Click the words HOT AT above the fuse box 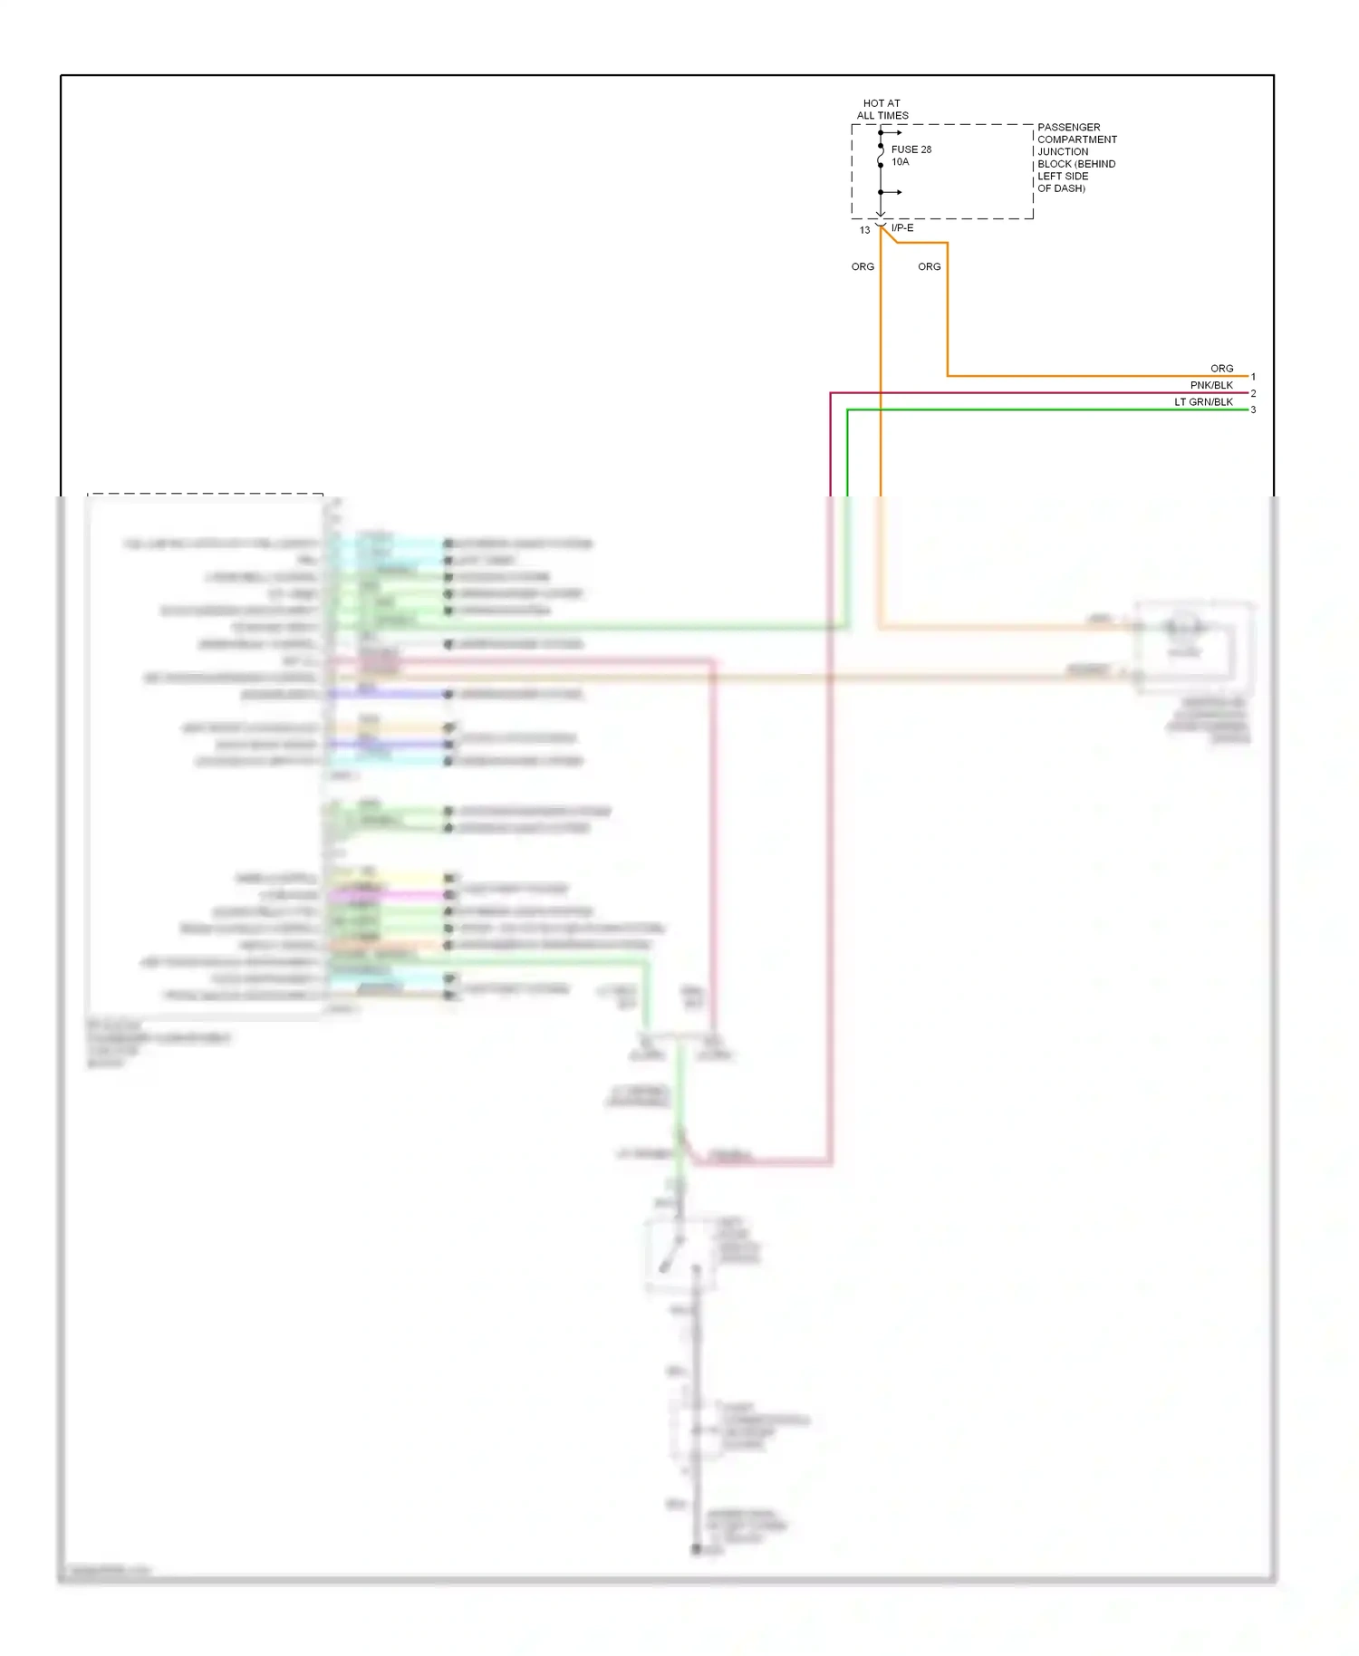click(x=881, y=103)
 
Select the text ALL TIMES click(x=882, y=116)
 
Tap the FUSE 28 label click(x=911, y=149)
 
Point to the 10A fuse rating click(x=900, y=162)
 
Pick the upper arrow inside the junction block click(x=892, y=133)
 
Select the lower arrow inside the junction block click(x=892, y=192)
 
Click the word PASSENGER click(x=1068, y=128)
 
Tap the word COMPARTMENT click(x=1076, y=140)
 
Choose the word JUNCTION click(x=1062, y=152)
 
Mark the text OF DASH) click(x=1060, y=188)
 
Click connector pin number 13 click(x=864, y=230)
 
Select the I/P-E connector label click(x=902, y=228)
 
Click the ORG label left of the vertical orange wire click(x=863, y=267)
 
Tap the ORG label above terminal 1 click(x=1221, y=369)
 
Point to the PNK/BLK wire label click(x=1210, y=385)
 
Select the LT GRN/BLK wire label click(x=1203, y=402)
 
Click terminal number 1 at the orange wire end click(x=1253, y=377)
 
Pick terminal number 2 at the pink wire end click(x=1253, y=393)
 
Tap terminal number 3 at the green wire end click(x=1253, y=409)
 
